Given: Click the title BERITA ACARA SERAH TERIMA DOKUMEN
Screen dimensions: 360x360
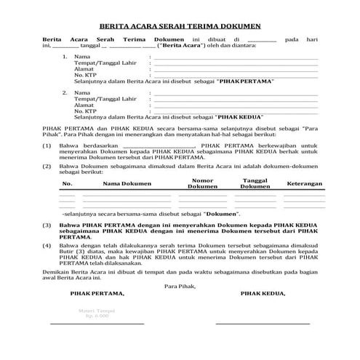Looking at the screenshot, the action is point(180,26).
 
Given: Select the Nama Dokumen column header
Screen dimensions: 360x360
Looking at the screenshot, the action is point(122,184).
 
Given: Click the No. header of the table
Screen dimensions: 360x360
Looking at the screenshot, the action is point(67,184).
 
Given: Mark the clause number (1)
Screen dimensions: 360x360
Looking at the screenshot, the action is point(46,145).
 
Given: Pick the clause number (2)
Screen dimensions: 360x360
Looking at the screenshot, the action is point(46,167).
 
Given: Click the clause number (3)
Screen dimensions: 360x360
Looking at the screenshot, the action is point(46,226).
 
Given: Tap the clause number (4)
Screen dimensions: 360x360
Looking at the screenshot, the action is point(46,247).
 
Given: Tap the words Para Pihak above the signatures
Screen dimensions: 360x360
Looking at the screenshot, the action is point(180,285).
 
